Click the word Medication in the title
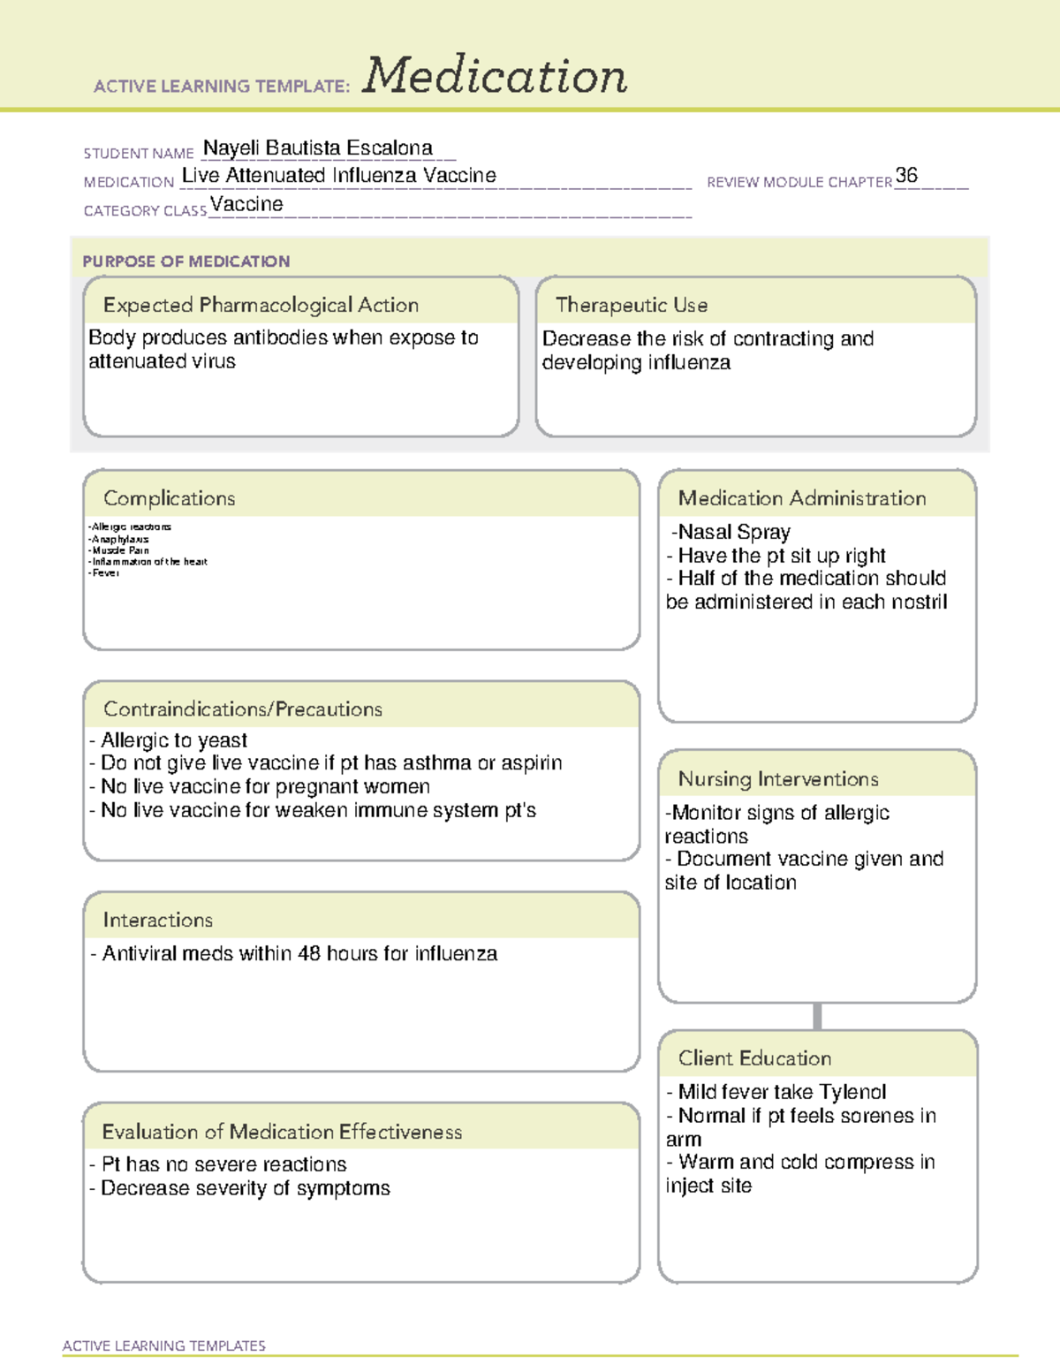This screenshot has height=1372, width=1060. pos(495,76)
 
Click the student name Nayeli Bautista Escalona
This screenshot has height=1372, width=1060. pos(318,148)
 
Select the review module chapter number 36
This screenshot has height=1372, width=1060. pos(906,175)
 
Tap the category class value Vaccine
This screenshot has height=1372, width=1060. pos(246,205)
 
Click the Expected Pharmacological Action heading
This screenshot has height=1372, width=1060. pos(261,306)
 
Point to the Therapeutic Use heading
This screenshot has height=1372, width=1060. pos(632,306)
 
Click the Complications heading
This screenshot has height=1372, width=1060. pos(170,498)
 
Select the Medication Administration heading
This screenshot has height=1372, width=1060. pos(802,498)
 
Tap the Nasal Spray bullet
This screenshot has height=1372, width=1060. pos(731,532)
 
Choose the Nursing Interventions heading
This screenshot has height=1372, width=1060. pos(778,779)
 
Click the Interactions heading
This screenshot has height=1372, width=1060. pos(158,921)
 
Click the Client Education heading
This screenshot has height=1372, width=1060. pos(754,1058)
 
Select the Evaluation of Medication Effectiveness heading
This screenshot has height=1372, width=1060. pos(282,1132)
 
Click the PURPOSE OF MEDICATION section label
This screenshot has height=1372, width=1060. pos(186,262)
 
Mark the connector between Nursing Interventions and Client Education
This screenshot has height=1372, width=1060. pos(817,1017)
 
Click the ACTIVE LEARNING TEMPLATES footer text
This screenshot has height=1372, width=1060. pos(164,1345)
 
